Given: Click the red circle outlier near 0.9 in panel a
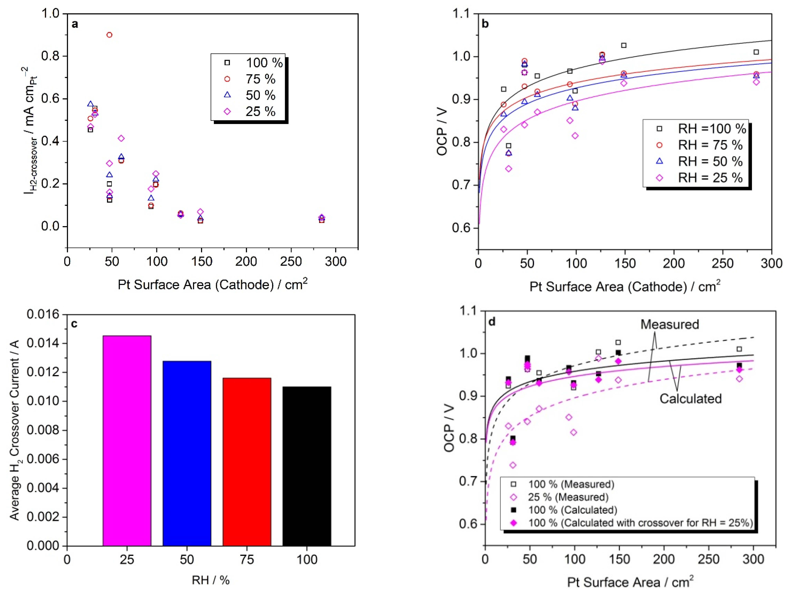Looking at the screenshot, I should pyautogui.click(x=109, y=35).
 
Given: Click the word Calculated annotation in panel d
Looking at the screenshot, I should pyautogui.click(x=690, y=399).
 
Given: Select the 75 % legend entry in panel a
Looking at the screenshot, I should pyautogui.click(x=260, y=79).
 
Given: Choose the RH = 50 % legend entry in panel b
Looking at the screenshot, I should pyautogui.click(x=710, y=161).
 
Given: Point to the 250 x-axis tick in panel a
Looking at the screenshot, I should pyautogui.click(x=291, y=262).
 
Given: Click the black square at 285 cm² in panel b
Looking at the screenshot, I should pyautogui.click(x=756, y=52).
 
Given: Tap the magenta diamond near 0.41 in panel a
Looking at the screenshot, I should pyautogui.click(x=121, y=138).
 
